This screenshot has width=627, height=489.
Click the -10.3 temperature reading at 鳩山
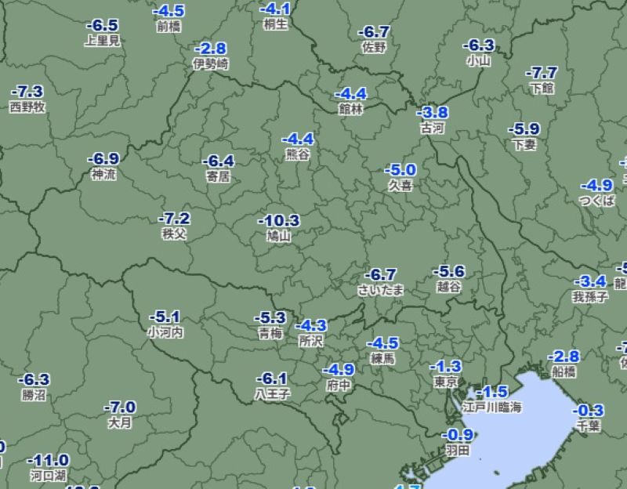pyautogui.click(x=279, y=220)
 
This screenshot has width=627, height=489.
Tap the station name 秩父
pyautogui.click(x=174, y=234)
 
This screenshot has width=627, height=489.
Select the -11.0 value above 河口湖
pyautogui.click(x=48, y=460)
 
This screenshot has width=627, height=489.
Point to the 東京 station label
pyautogui.click(x=445, y=382)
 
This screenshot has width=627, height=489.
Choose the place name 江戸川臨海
pyautogui.click(x=491, y=407)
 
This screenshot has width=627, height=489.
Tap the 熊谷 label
pyautogui.click(x=298, y=154)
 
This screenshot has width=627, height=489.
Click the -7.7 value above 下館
pyautogui.click(x=542, y=73)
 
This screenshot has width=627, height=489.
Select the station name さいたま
pyautogui.click(x=381, y=290)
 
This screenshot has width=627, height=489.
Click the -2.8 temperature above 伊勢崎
pyautogui.click(x=210, y=49)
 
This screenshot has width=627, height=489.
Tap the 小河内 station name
pyautogui.click(x=165, y=332)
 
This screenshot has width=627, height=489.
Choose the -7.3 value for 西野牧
pyautogui.click(x=27, y=92)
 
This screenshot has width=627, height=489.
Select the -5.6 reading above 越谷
pyautogui.click(x=449, y=272)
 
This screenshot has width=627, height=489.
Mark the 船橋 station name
pyautogui.click(x=563, y=371)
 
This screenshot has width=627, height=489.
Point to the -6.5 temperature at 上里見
pyautogui.click(x=102, y=26)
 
